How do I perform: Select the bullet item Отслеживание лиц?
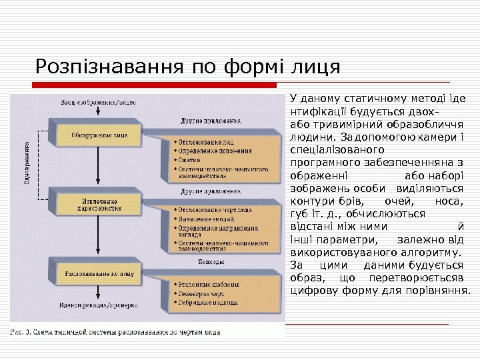[203, 142]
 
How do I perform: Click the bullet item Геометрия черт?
[199, 292]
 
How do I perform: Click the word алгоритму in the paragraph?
[429, 253]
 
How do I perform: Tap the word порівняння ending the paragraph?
[439, 291]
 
